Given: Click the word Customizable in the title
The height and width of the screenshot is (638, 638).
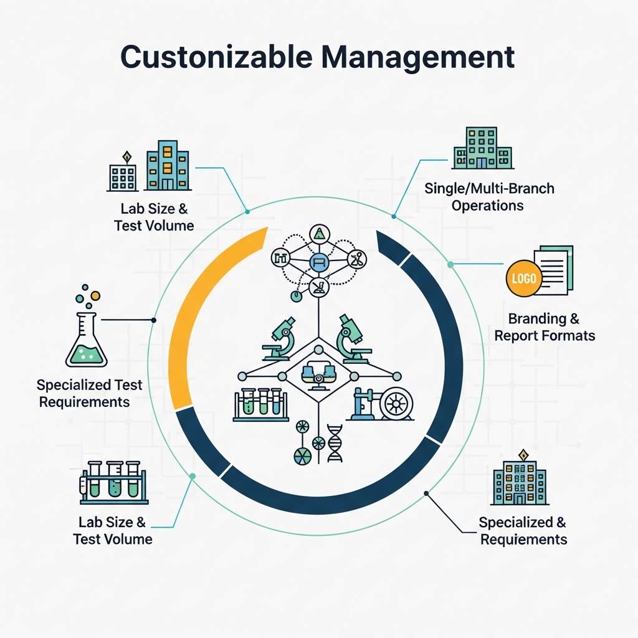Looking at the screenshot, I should click(x=212, y=57).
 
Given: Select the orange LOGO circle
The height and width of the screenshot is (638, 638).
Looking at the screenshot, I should click(x=523, y=278).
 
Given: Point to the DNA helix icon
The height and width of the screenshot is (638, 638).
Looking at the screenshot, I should click(x=335, y=444).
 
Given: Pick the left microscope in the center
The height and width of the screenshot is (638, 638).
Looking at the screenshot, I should click(x=279, y=338).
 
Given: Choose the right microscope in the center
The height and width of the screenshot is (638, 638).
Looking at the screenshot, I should click(x=351, y=338).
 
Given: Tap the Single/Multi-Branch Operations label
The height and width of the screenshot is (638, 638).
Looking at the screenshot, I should click(x=489, y=196).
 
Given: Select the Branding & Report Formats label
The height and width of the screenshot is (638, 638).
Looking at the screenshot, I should click(x=544, y=327).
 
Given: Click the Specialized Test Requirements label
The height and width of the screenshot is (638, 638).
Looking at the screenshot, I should click(x=88, y=393).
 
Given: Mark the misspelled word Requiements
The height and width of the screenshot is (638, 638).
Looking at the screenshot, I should click(x=524, y=539).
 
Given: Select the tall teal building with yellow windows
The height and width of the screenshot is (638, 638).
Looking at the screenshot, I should click(x=168, y=166).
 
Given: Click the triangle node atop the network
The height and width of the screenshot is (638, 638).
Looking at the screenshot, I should click(x=319, y=234).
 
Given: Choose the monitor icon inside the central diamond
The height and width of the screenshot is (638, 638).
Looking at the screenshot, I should click(x=318, y=374).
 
